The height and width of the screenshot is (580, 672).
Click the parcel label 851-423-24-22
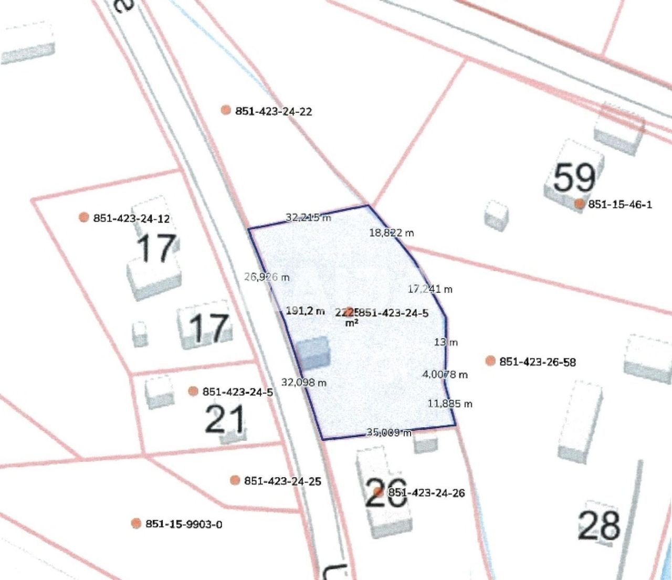[x=273, y=111]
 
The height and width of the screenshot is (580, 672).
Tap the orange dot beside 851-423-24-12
[x=83, y=217]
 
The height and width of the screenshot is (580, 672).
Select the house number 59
[x=574, y=177]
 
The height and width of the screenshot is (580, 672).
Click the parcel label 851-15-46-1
[x=620, y=205]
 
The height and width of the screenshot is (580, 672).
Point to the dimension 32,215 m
[x=309, y=217]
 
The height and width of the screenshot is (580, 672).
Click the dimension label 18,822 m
[x=391, y=233]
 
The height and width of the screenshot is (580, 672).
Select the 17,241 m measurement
[x=430, y=289]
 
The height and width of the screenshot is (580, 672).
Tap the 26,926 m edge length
[x=267, y=277]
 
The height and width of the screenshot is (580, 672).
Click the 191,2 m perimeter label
[x=305, y=311]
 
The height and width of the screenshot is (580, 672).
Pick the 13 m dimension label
[x=446, y=342]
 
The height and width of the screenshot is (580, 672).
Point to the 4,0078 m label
[x=445, y=375]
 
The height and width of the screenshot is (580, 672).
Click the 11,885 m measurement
[x=450, y=404]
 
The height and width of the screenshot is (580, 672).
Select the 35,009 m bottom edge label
[x=389, y=433]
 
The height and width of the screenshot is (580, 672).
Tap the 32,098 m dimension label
[x=303, y=383]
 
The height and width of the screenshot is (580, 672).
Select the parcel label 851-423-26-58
[x=537, y=362]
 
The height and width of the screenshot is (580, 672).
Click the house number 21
[x=225, y=420]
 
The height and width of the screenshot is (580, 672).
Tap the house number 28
[x=599, y=525]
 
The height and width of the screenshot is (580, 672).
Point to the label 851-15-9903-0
[x=183, y=524]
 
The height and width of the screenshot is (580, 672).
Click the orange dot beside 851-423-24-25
[x=235, y=480]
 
